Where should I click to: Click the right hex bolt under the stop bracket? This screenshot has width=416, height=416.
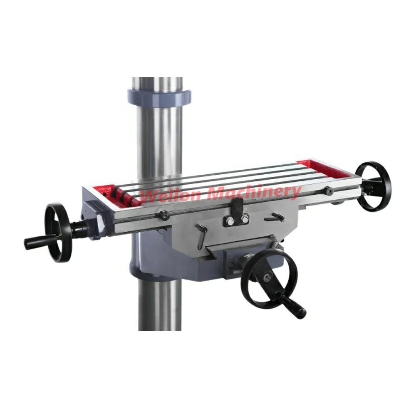pyautogui.click(x=245, y=219)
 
